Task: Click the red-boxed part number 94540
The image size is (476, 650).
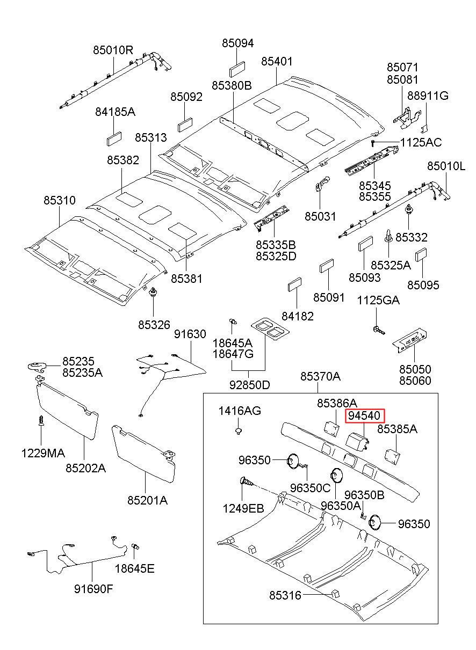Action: click(x=364, y=416)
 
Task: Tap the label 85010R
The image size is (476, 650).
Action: click(x=113, y=50)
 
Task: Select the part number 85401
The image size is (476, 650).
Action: click(x=277, y=61)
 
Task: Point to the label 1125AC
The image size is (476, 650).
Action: click(x=421, y=142)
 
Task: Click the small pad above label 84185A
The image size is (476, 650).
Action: click(x=114, y=138)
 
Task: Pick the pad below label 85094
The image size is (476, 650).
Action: click(x=237, y=69)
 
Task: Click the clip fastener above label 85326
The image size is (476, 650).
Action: click(x=153, y=292)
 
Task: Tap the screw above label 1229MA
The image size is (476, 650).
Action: click(x=41, y=420)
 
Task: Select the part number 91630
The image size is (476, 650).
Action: click(x=190, y=334)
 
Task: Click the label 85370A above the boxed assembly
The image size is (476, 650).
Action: click(x=320, y=376)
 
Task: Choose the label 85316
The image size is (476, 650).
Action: click(x=285, y=596)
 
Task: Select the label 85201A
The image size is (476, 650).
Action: click(x=148, y=500)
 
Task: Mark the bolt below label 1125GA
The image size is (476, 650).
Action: click(x=378, y=330)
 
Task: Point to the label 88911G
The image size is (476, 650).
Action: click(x=428, y=96)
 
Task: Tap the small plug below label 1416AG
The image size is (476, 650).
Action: click(x=239, y=431)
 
